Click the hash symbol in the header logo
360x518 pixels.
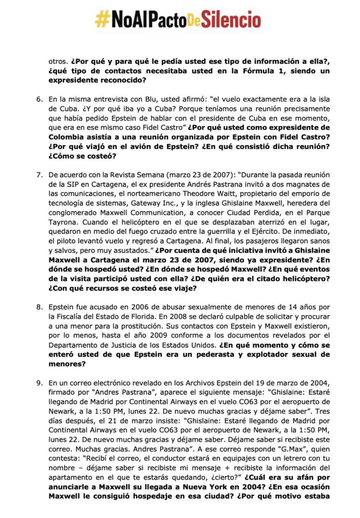pos(103,20)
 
